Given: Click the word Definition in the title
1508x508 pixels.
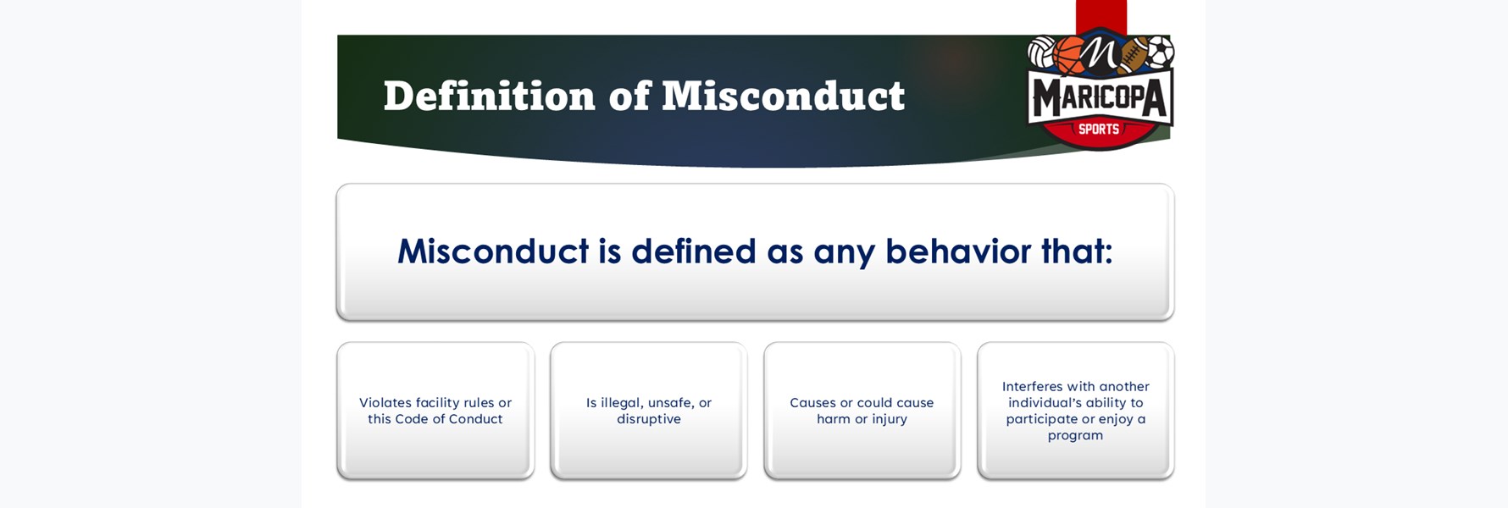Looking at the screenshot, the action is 490,96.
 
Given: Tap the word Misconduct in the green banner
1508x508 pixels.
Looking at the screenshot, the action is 783,96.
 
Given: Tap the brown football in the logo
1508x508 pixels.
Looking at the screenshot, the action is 1131,55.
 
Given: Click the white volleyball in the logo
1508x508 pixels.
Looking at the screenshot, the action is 1041,52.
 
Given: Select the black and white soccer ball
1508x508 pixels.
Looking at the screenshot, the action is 1159,52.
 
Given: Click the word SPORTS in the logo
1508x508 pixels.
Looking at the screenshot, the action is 1099,129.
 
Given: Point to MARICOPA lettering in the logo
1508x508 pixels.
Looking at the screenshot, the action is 1100,99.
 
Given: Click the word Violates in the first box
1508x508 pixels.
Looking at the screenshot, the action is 385,403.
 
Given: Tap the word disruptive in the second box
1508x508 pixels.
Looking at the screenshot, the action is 649,419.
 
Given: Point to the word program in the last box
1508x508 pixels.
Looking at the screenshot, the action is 1075,436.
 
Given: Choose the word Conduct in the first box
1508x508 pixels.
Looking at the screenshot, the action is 476,419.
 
